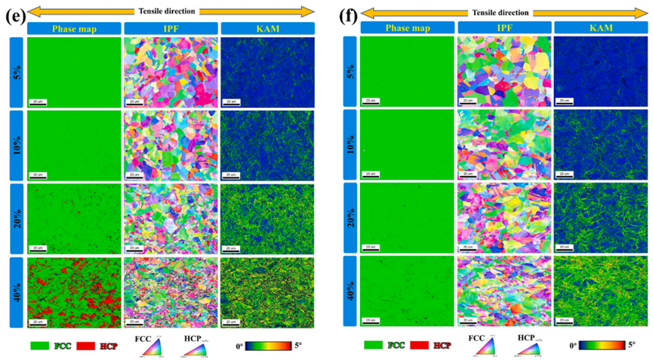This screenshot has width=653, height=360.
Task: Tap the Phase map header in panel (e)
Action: pos(73,29)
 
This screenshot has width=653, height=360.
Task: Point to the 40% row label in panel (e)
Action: pos(14,291)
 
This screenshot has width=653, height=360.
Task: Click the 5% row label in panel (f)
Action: pos(348,70)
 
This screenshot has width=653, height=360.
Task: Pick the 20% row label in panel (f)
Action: pos(348,218)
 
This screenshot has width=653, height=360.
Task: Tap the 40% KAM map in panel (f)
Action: pos(601,291)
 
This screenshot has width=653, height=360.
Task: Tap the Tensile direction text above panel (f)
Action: pos(504,12)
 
